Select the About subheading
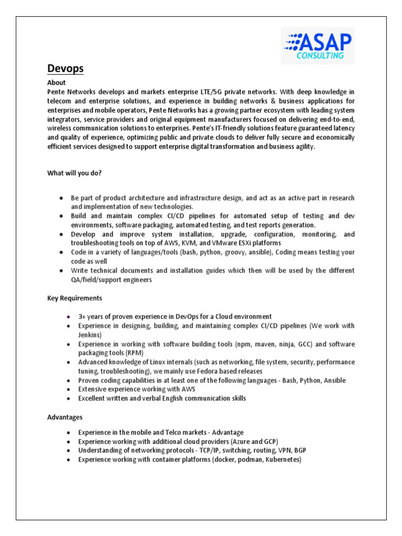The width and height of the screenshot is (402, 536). (x=57, y=83)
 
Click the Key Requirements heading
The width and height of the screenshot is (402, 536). (x=75, y=298)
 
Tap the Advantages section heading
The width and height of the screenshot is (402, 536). (x=65, y=418)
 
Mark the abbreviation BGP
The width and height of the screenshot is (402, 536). (x=300, y=451)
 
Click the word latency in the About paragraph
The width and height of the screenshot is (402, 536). (x=342, y=129)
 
